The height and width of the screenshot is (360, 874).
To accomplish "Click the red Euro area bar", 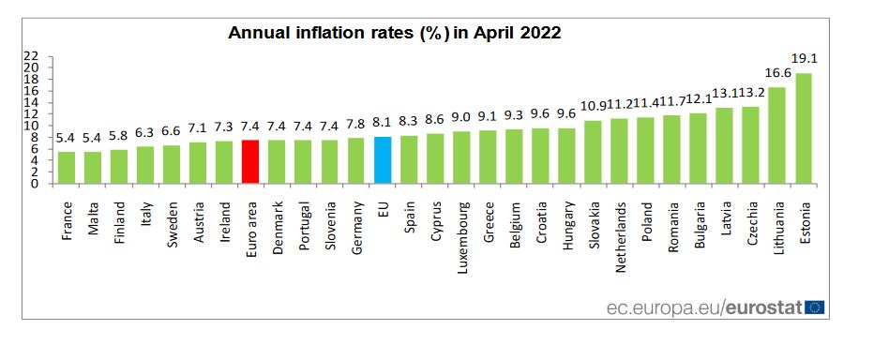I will coord(250,162).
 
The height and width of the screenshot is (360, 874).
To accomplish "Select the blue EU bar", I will coord(382,160).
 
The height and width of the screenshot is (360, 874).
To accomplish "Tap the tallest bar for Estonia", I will coord(804,128).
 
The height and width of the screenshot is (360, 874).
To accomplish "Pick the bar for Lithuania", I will coord(777,136).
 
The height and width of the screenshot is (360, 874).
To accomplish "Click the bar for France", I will coord(67,168).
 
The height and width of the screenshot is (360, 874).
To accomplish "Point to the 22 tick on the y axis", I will coord(31,56).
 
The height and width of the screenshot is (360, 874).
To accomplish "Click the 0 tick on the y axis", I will coord(35,184).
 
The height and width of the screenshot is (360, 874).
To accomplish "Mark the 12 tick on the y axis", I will coord(31,114).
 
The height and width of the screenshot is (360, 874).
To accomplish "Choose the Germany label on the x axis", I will coord(356,228).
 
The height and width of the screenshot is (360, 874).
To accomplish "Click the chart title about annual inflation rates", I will coord(395,34).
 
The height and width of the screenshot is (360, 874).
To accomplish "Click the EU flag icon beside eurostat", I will coord(814,307).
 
